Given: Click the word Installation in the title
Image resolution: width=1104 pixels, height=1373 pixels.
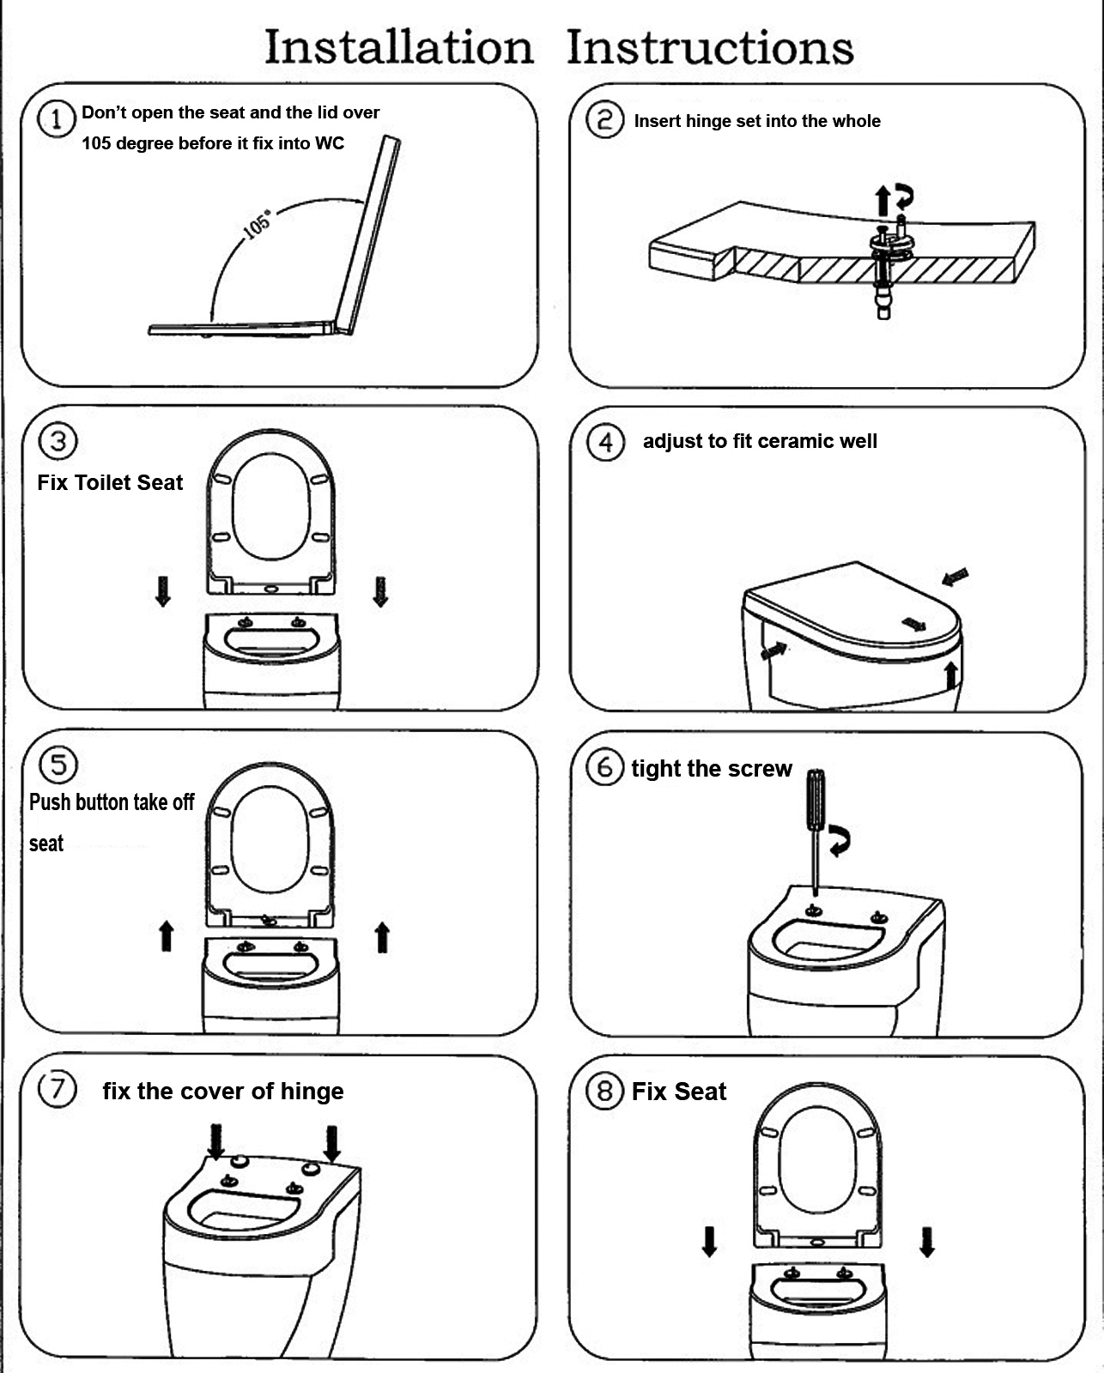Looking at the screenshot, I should pos(398,47).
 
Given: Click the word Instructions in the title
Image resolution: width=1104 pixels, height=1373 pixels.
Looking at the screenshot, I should pos(710,47).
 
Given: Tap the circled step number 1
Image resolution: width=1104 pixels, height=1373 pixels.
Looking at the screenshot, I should pos(58,118).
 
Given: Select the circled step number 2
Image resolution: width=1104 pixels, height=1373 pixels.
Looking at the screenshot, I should pos(604,119).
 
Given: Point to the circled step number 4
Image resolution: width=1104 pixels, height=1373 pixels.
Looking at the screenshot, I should pos(605,442).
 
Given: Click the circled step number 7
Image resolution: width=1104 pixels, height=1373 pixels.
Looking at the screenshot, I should pos(58,1089).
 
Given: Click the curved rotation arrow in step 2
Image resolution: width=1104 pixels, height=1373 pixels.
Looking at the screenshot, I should pos(904,197).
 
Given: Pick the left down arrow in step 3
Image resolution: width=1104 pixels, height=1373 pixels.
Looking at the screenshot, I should pos(162,591).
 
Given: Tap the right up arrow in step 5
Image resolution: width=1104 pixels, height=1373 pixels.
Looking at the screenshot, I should pos(382,937).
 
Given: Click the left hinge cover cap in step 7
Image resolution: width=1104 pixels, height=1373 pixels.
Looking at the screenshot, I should pos(240,1163).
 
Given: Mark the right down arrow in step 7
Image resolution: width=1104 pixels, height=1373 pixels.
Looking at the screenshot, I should pos(331,1143).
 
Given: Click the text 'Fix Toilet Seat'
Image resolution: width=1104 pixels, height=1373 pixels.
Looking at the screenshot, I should pos(110,482).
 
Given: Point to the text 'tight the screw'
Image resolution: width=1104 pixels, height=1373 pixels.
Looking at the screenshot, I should pos(711,769).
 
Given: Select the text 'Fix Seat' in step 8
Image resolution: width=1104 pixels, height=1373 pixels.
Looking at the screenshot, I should pos(678,1092).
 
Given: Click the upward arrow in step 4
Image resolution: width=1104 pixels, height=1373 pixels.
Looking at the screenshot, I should pos(950,674).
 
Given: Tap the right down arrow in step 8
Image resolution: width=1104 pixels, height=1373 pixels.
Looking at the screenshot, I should pos(926,1242).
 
